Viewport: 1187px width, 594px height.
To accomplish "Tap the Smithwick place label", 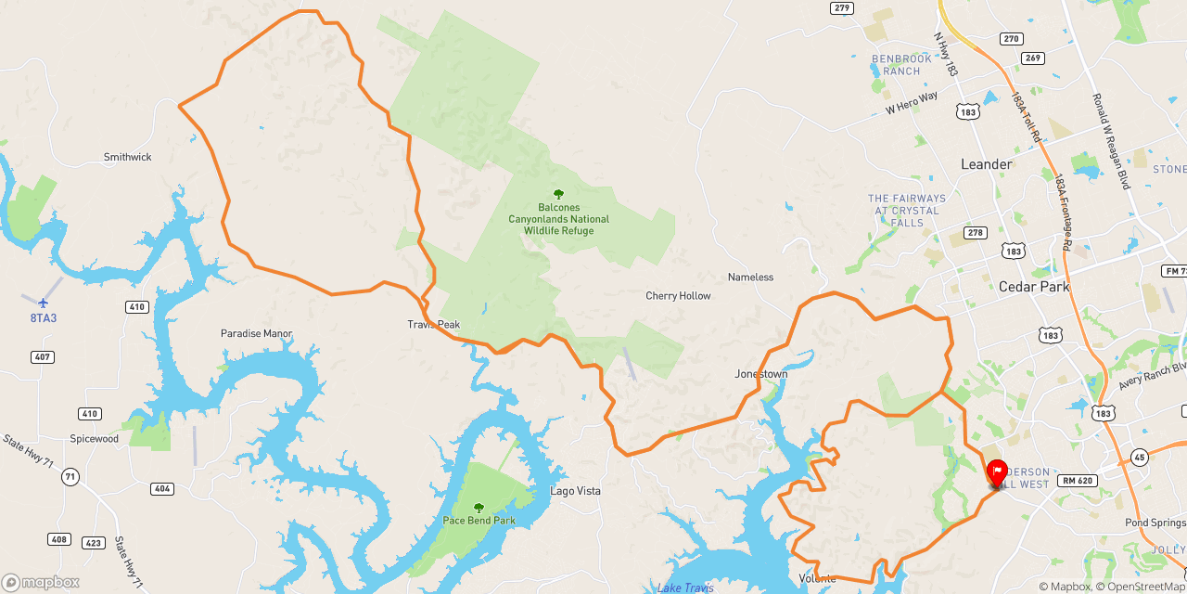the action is (x=127, y=157).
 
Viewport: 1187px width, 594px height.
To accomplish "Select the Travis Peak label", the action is (x=433, y=324).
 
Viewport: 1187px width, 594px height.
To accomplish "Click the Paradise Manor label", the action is (x=256, y=333).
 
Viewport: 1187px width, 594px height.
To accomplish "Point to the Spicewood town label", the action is (x=95, y=438).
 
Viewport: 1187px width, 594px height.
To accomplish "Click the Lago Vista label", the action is (x=575, y=491).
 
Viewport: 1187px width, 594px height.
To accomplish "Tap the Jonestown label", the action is (x=760, y=374).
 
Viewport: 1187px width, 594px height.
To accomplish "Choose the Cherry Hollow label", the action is (x=678, y=296).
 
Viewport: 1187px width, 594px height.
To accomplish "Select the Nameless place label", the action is (x=750, y=278).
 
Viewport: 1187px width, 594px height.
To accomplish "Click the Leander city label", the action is (x=986, y=164).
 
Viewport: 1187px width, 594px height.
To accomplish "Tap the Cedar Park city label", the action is (x=1034, y=287).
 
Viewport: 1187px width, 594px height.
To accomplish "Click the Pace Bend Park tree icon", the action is (x=479, y=507).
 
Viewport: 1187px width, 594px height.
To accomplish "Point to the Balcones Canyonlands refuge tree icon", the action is (x=558, y=194).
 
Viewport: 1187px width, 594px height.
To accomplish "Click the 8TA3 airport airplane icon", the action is (x=43, y=302).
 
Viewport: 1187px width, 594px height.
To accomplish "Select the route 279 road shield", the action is (x=841, y=8).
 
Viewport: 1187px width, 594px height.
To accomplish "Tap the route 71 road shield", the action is (x=70, y=477).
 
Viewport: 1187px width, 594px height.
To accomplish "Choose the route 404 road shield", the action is (x=161, y=488).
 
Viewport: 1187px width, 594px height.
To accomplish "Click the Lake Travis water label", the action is (x=684, y=588).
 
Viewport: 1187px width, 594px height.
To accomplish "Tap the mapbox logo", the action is (x=41, y=582).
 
